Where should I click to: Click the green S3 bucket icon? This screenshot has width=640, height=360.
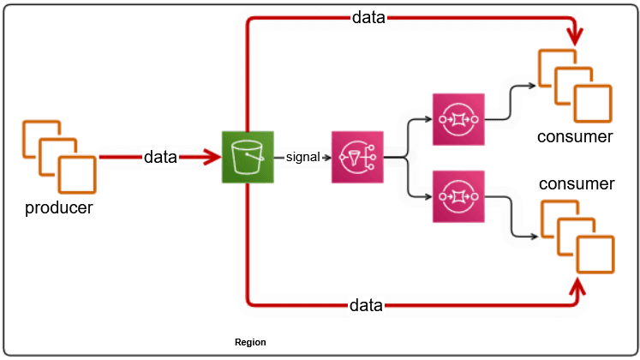[247, 158]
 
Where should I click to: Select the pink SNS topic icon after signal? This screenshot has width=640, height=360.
[357, 158]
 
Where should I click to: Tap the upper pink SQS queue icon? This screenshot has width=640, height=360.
[458, 119]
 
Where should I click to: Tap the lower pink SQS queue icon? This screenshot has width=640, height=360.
[458, 196]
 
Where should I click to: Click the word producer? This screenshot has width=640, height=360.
[59, 207]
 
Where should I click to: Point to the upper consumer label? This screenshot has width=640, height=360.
[576, 136]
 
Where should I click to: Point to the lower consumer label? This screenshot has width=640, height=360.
[577, 184]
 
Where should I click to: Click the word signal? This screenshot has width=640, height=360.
[302, 158]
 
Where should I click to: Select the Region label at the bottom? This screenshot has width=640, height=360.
[250, 342]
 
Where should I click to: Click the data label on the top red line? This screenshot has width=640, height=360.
[368, 18]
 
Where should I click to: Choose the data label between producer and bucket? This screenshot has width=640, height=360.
[160, 157]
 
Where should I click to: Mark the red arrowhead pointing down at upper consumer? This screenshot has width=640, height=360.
[575, 38]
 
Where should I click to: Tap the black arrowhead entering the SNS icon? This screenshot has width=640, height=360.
[328, 158]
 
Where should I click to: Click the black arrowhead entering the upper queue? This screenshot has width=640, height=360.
[429, 119]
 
